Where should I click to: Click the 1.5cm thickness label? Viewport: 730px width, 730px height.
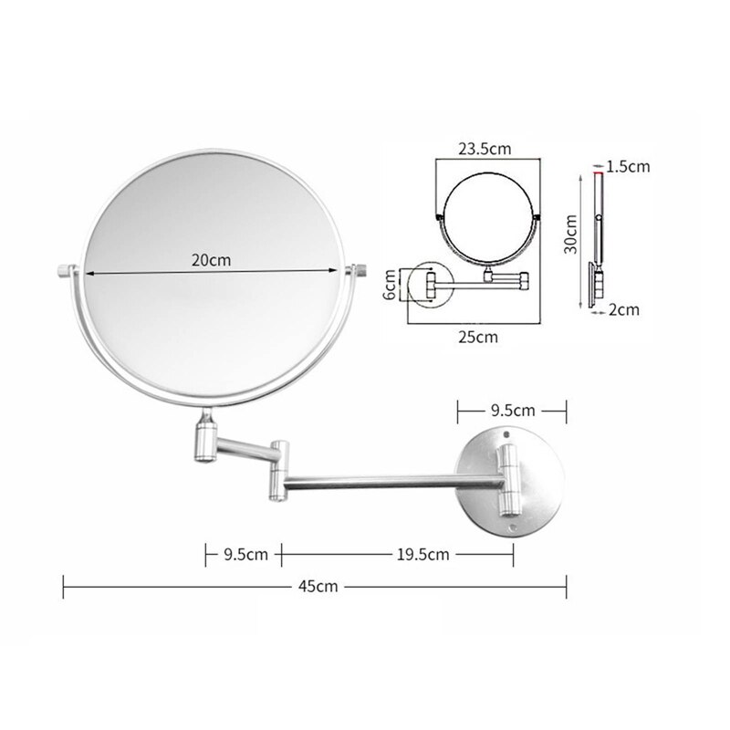click(627, 166)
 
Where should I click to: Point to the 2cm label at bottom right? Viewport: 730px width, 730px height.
click(624, 310)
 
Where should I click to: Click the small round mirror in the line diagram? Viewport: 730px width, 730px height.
click(488, 219)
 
